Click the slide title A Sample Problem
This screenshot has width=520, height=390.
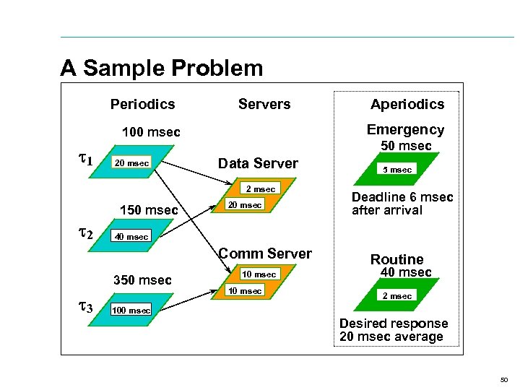coord(162,69)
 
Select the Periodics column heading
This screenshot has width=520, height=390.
coord(142,105)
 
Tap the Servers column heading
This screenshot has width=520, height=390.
coord(264,105)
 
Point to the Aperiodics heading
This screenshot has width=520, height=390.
coord(407,105)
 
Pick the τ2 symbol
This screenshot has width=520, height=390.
coord(84,232)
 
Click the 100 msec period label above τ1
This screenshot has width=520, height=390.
coord(151,133)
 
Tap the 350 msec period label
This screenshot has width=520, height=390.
coord(142,280)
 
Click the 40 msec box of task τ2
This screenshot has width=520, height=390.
coord(132,237)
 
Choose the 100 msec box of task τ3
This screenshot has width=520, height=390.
coord(131,311)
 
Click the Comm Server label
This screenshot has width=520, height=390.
coord(265,253)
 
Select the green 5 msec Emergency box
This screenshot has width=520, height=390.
coord(396,170)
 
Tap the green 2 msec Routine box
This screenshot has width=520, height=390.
coord(396,296)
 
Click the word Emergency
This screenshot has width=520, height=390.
coord(405,130)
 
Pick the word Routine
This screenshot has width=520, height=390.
coord(396,259)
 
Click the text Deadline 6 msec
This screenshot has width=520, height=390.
coord(402,198)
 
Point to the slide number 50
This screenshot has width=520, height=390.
coord(503,379)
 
